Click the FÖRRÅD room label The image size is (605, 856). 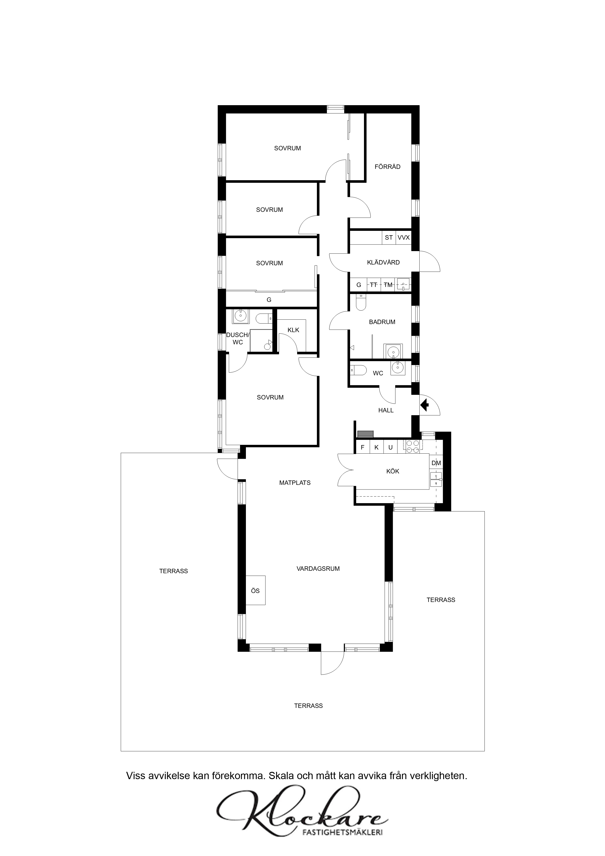387,167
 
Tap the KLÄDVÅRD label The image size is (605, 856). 383,263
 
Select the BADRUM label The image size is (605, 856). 382,322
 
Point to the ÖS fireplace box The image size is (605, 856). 255,590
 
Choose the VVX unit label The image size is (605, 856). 404,237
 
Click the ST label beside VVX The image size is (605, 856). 389,237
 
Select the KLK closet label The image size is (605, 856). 293,330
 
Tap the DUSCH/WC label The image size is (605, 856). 238,338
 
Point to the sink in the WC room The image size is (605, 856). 398,367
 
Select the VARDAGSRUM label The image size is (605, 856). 318,569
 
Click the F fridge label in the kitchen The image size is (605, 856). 362,447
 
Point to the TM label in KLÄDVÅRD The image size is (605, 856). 388,285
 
